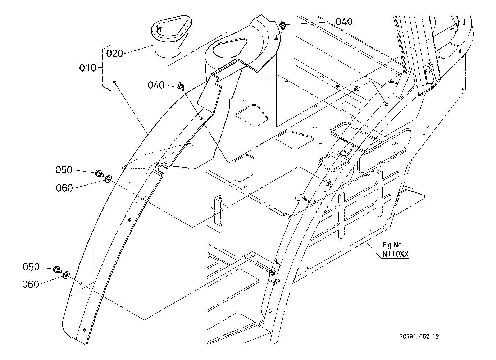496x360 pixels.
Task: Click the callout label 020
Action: [114, 53]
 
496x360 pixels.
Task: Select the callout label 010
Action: [88, 68]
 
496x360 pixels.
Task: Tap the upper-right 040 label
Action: [344, 22]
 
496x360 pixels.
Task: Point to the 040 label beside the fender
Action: [156, 85]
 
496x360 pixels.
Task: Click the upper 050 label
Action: [64, 170]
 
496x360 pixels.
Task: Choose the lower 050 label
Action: [31, 267]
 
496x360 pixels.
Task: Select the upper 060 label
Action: [64, 188]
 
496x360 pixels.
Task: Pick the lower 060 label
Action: [31, 284]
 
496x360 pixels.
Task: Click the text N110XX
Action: [395, 254]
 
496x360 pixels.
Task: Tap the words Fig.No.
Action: [393, 245]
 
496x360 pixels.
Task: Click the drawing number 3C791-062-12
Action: [419, 337]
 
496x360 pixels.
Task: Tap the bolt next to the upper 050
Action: [99, 173]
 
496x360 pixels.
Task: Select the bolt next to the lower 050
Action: [58, 270]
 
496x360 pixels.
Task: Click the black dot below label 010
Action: [114, 82]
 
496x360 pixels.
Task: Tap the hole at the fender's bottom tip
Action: [85, 330]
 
